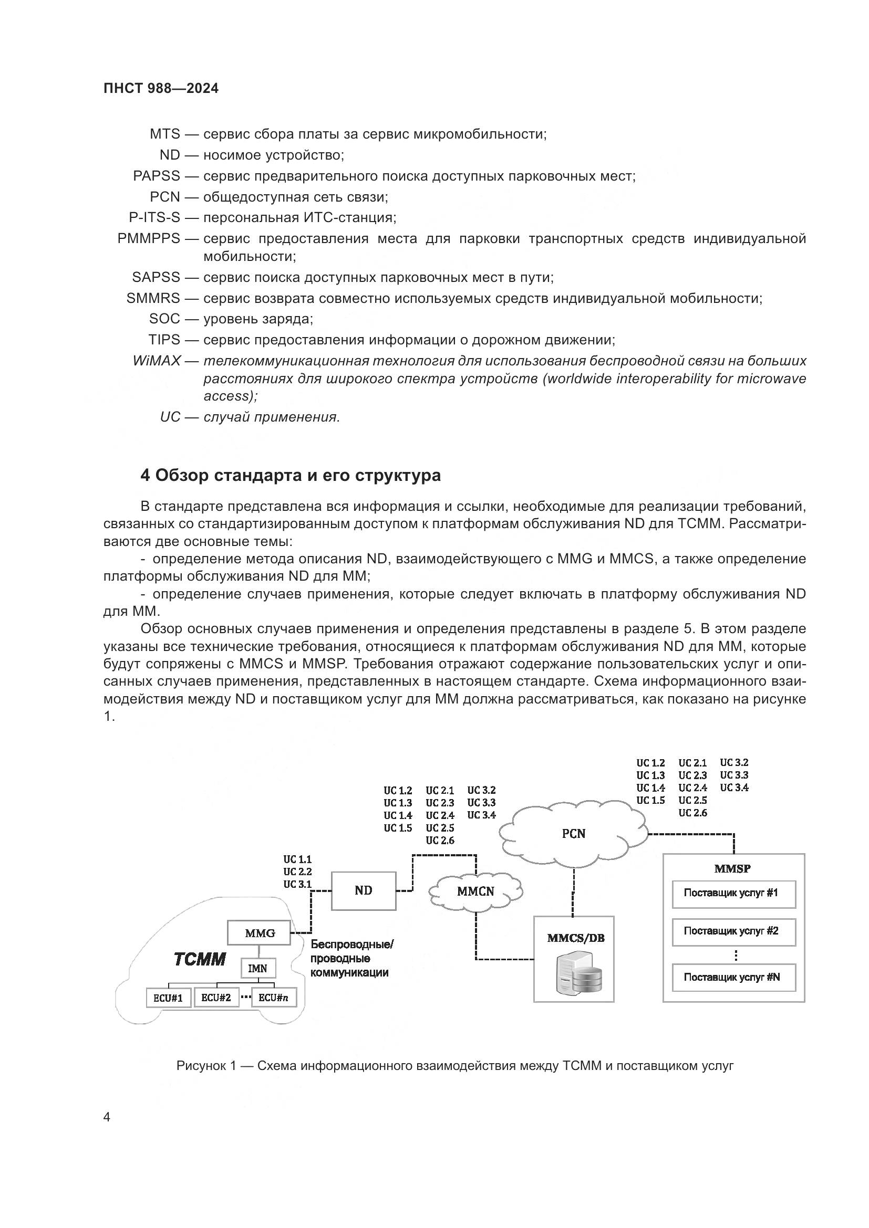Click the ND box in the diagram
(364, 890)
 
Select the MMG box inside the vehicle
(260, 933)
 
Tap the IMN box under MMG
(258, 968)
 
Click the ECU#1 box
(168, 998)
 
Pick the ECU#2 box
(215, 998)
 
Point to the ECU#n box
(273, 998)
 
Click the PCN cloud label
(574, 833)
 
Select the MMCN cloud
(475, 891)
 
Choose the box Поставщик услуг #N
(733, 977)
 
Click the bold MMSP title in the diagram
(732, 868)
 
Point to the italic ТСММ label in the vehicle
(200, 960)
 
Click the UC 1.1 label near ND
(297, 859)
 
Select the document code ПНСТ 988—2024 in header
(161, 89)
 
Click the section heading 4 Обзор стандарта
(291, 475)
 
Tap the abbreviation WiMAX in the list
(156, 361)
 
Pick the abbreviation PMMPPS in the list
(149, 238)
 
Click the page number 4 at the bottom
(107, 1117)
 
